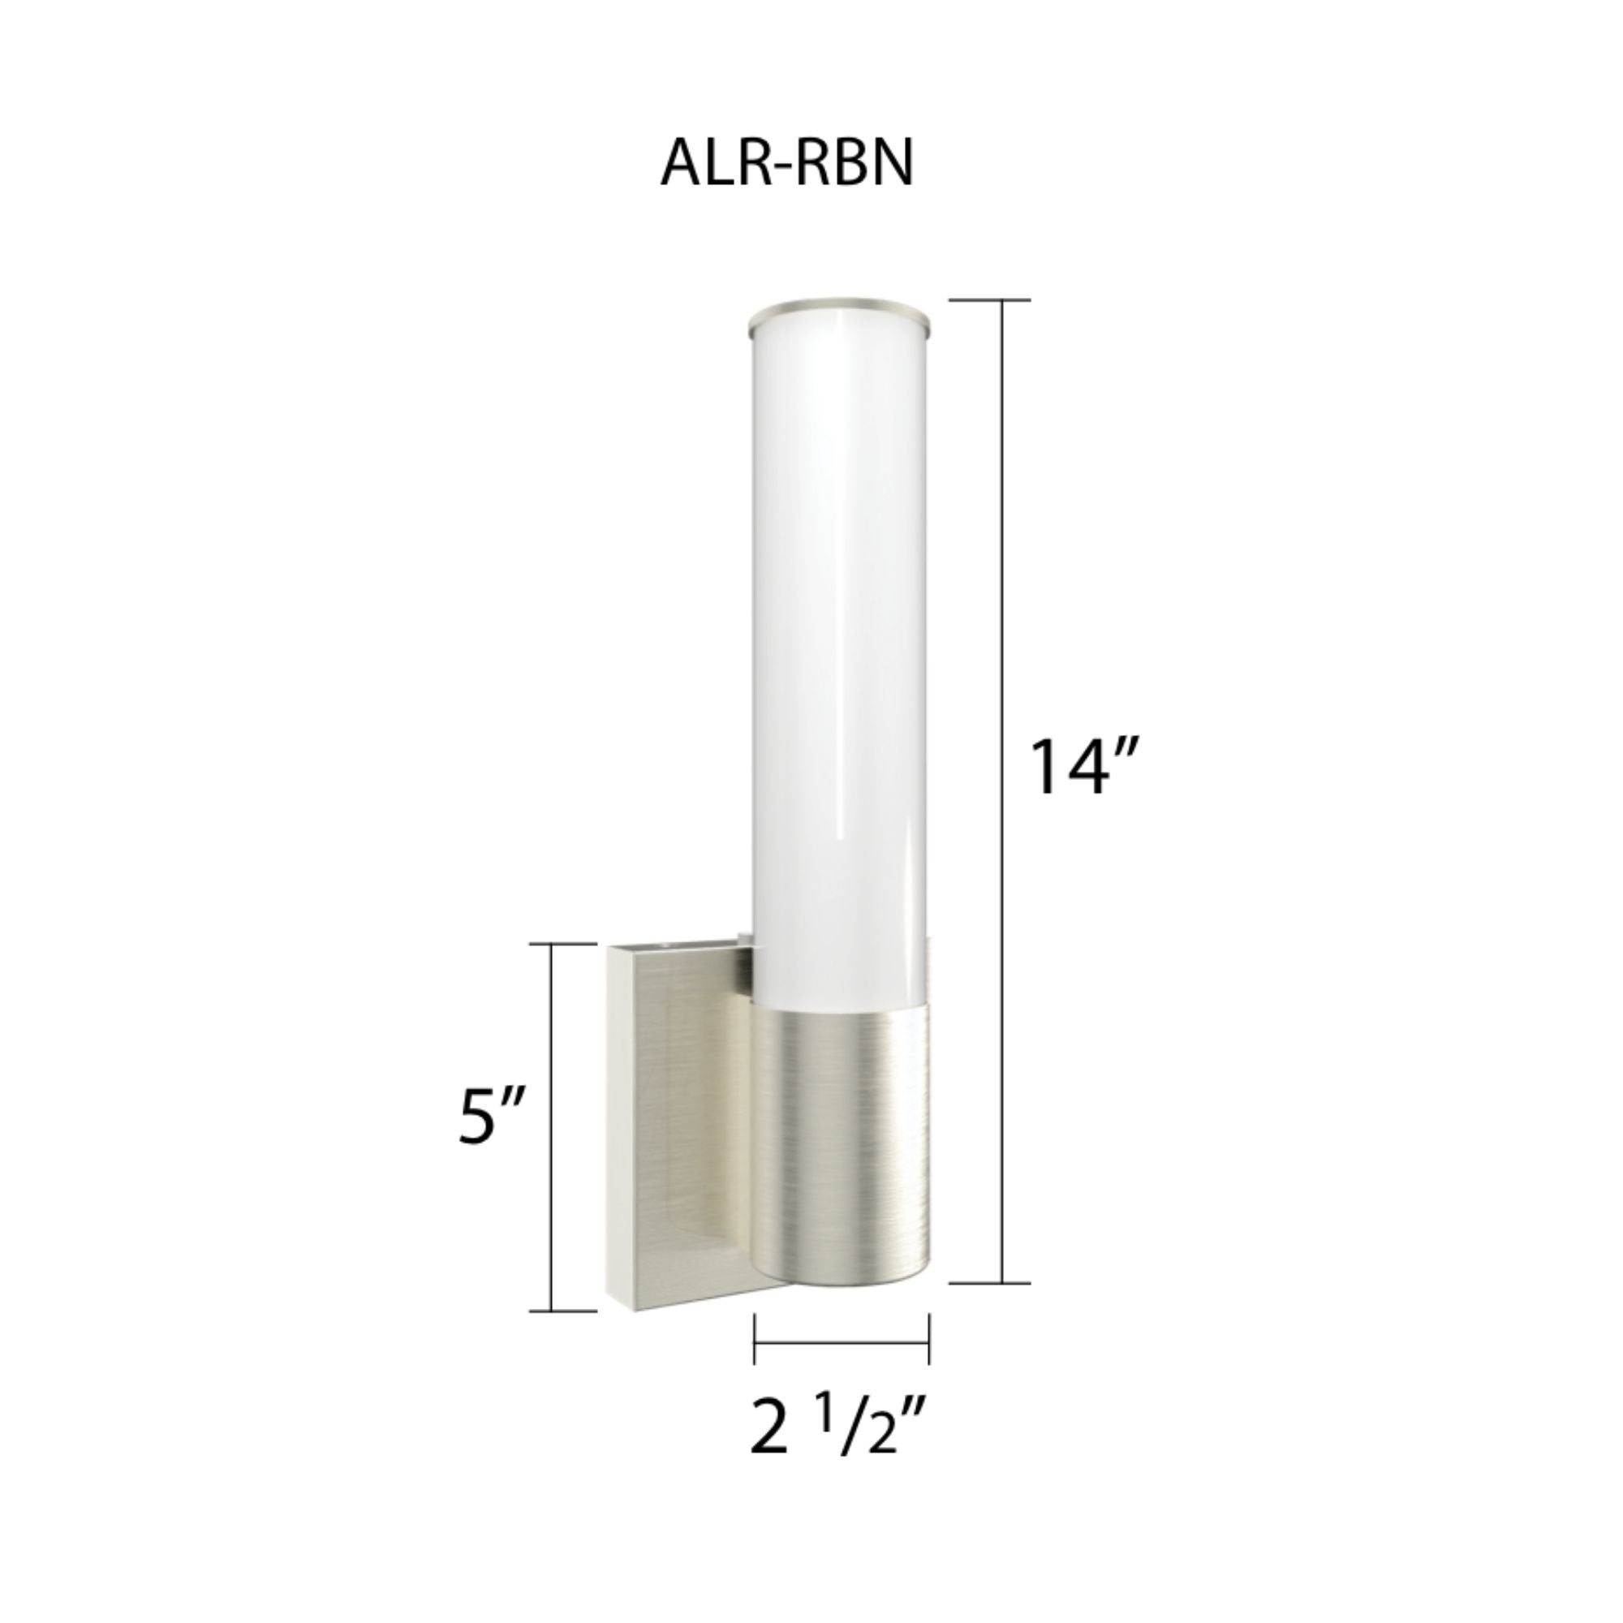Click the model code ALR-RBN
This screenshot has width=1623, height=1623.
[x=786, y=163]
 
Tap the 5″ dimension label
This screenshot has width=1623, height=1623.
[x=492, y=1116]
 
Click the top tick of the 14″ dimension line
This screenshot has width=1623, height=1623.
[x=1003, y=300]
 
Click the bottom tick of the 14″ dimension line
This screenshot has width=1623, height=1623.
[x=1003, y=1284]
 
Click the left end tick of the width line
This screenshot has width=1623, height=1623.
[x=756, y=1339]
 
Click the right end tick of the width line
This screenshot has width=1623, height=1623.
[x=928, y=1339]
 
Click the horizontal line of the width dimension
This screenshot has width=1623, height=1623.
[x=840, y=1339]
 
